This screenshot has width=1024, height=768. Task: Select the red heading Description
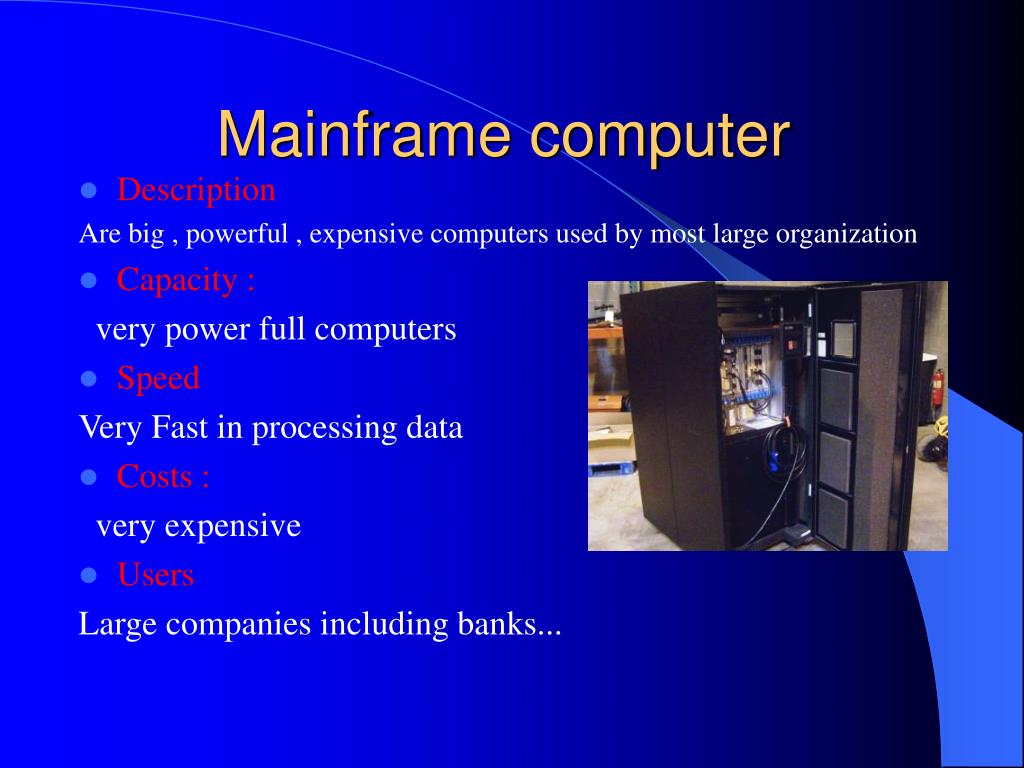[196, 189]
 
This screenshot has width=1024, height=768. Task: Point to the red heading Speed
[158, 378]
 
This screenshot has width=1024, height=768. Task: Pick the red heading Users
[155, 574]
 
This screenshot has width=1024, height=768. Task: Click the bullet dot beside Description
[89, 190]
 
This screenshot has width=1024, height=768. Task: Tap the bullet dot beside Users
[89, 575]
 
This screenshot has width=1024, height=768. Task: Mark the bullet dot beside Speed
[89, 379]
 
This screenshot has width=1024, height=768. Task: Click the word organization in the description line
[846, 234]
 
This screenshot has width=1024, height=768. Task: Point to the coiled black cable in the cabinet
[779, 456]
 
